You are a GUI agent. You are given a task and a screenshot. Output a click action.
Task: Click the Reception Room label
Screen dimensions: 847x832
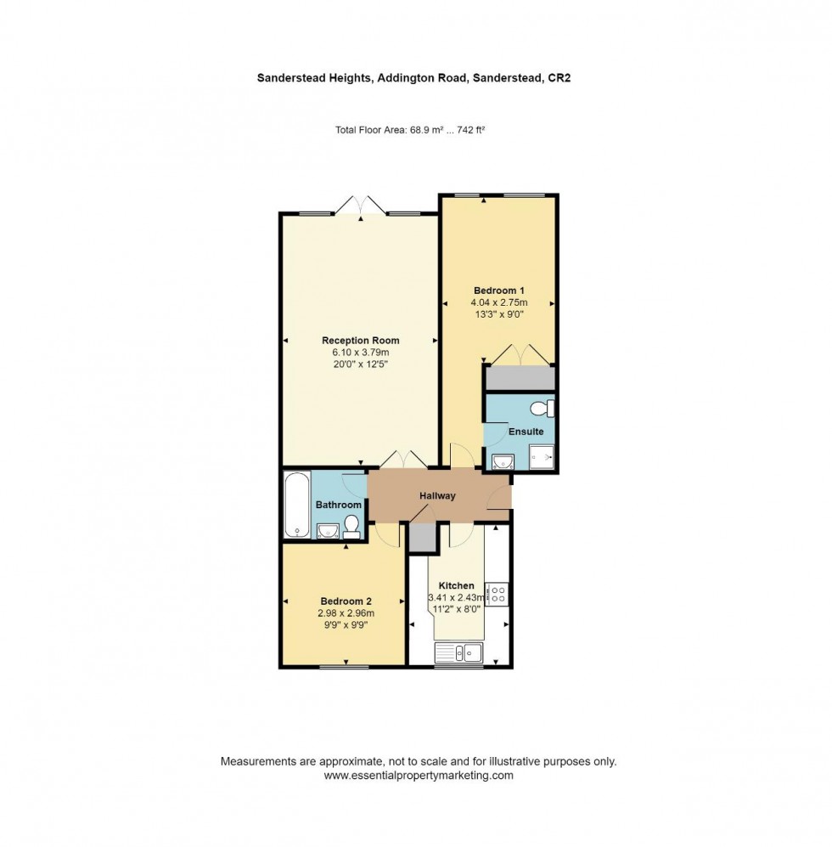pyautogui.click(x=360, y=341)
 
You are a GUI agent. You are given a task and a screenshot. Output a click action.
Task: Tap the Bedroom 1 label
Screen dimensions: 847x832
pyautogui.click(x=499, y=290)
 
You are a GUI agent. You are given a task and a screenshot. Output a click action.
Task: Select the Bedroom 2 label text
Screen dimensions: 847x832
pyautogui.click(x=346, y=600)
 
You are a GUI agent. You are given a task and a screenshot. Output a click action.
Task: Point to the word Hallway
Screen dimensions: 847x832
pyautogui.click(x=437, y=496)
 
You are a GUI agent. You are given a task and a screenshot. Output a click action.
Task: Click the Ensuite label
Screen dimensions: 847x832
pyautogui.click(x=526, y=432)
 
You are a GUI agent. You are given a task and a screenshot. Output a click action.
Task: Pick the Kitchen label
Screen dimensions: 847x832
pyautogui.click(x=456, y=585)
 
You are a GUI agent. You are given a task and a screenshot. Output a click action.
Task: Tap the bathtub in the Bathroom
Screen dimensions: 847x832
pyautogui.click(x=296, y=505)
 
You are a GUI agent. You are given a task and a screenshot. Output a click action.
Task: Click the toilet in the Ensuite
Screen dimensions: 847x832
pyautogui.click(x=540, y=409)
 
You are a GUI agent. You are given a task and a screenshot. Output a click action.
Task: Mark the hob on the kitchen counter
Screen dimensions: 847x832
pyautogui.click(x=497, y=594)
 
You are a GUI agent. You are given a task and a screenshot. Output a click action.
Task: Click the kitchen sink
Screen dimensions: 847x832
pyautogui.click(x=458, y=652)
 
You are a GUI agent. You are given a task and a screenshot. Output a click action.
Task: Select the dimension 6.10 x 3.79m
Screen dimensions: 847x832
pyautogui.click(x=360, y=353)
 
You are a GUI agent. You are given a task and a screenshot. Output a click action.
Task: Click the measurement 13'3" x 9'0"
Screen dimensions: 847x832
pyautogui.click(x=499, y=313)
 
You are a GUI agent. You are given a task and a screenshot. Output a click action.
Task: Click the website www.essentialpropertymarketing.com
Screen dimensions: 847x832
pyautogui.click(x=419, y=776)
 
